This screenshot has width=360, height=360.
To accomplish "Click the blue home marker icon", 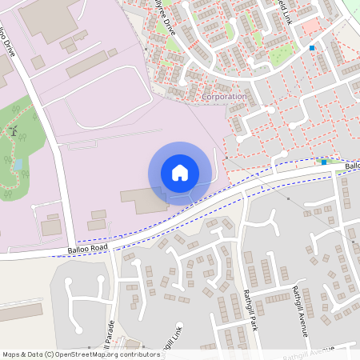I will (180, 173).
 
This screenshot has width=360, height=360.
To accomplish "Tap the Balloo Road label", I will (87, 250).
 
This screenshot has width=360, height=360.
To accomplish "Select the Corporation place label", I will (225, 96).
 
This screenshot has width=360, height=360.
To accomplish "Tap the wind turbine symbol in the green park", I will (14, 130).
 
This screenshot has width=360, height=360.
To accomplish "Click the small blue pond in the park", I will (18, 165).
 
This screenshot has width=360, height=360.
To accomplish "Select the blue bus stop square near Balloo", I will (324, 162).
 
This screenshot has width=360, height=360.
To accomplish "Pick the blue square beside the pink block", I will (312, 48).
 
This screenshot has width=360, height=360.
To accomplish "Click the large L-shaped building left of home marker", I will (144, 200).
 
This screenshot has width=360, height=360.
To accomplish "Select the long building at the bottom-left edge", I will (20, 312).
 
